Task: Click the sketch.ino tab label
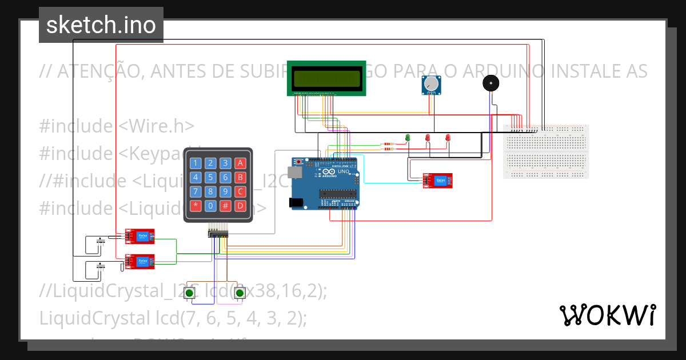pos(101,25)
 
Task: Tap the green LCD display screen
pos(326,78)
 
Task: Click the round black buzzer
pos(490,83)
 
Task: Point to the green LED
pos(408,138)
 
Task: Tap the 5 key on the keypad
pos(211,177)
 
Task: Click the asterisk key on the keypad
pos(196,205)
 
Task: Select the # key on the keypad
pos(226,205)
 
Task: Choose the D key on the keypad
pos(241,205)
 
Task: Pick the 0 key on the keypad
pos(211,205)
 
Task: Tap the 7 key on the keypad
pos(196,191)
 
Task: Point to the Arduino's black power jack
pos(297,202)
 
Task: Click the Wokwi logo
pos(607,315)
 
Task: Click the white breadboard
pos(545,151)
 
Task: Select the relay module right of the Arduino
pos(438,181)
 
